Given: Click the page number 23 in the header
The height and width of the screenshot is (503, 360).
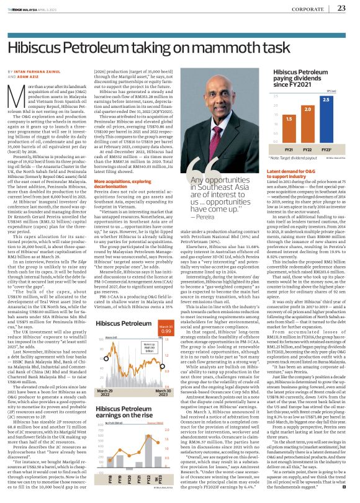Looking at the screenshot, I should pyautogui.click(x=341, y=8).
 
